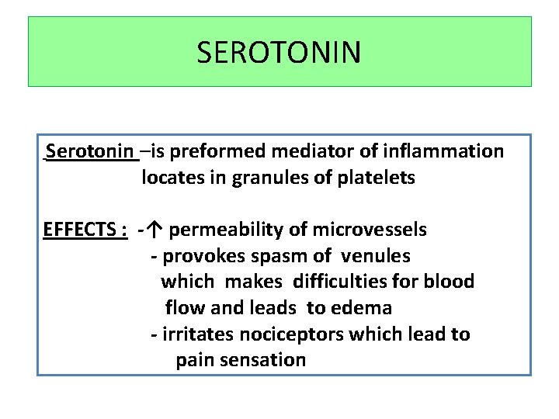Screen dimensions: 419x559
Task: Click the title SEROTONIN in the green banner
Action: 279,53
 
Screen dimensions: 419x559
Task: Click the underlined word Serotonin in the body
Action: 90,151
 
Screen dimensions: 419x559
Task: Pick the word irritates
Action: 193,334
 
